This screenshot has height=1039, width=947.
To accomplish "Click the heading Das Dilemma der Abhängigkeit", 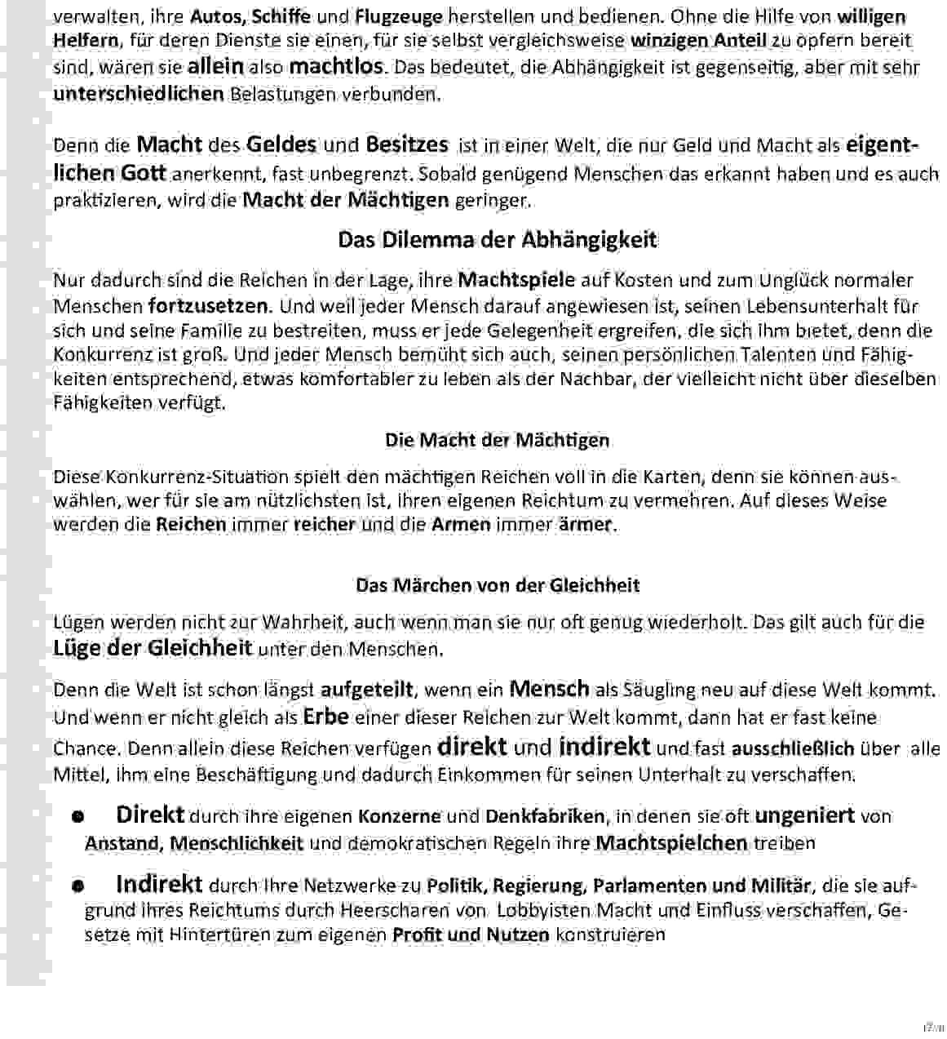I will tap(497, 240).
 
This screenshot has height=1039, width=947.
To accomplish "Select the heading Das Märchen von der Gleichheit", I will tap(497, 585).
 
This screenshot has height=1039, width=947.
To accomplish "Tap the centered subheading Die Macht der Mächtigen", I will tap(497, 441).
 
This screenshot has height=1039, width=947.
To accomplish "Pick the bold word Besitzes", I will tap(406, 145).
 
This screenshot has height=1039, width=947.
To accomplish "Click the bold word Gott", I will tap(144, 173).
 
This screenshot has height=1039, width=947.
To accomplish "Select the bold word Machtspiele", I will tap(516, 281).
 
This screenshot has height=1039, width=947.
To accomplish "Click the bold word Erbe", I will tap(325, 717).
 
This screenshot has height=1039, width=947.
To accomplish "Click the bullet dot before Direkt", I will tap(78, 816).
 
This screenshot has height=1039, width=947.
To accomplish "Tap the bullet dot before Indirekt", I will tap(78, 886).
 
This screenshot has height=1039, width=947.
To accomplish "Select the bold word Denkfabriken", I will tap(545, 816).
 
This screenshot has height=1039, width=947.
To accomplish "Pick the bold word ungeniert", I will tap(804, 815).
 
